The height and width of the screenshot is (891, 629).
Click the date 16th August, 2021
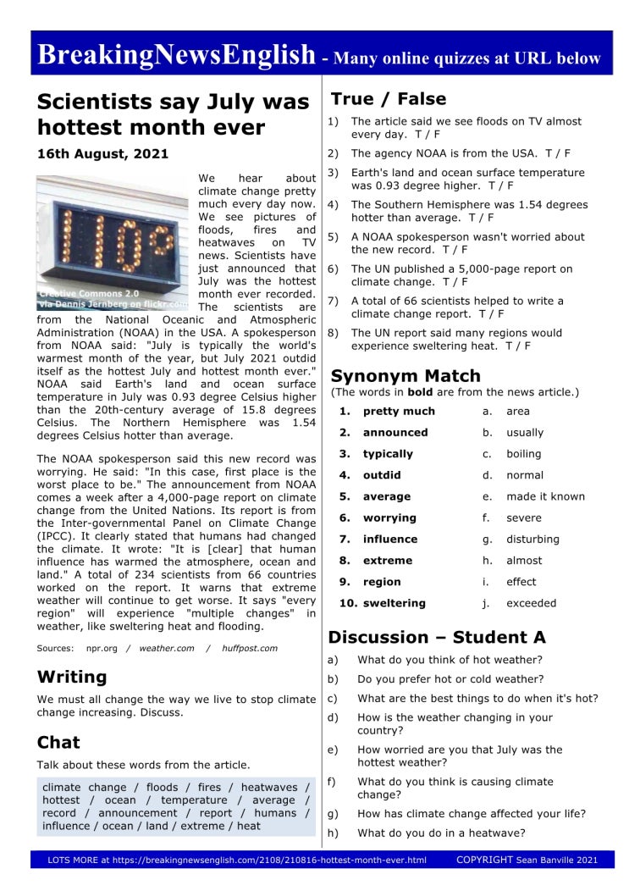(102, 154)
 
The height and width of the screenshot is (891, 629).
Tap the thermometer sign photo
(113, 242)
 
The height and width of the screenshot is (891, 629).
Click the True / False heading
(388, 99)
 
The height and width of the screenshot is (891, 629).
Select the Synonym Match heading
(406, 376)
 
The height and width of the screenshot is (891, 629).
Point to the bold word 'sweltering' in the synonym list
(394, 603)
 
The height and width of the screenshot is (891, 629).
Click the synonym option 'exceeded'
(531, 603)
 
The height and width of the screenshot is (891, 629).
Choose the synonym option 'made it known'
(545, 496)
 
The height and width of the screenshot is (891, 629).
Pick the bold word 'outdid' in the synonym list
(382, 475)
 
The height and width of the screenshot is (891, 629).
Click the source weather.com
(167, 649)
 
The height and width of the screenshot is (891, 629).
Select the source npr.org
(102, 649)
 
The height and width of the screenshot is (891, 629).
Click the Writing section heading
(72, 677)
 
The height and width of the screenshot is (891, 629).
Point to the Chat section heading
(58, 743)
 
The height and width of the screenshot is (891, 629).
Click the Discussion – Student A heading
(437, 637)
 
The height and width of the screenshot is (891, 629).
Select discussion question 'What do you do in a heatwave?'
(440, 833)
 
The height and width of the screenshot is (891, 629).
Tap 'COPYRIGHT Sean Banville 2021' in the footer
(527, 860)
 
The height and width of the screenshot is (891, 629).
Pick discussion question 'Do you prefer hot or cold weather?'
(450, 679)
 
